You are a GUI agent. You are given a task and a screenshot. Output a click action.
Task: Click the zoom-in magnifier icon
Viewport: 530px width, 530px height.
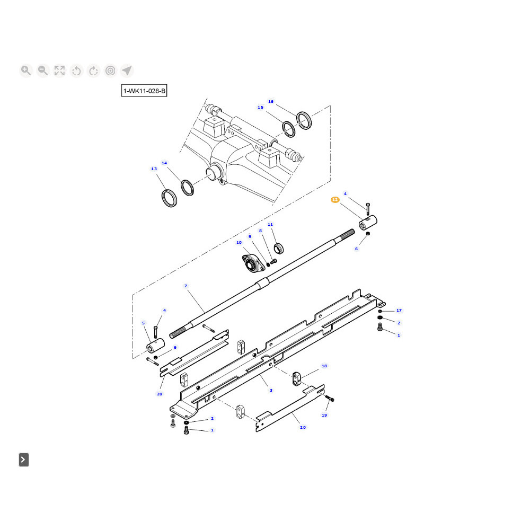(26, 70)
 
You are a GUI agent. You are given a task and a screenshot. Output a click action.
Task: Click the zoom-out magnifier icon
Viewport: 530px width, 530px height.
(43, 70)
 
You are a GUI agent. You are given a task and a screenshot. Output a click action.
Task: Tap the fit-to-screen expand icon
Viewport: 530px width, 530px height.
(59, 70)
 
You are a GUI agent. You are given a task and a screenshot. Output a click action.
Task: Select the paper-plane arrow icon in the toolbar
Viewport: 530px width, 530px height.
(127, 70)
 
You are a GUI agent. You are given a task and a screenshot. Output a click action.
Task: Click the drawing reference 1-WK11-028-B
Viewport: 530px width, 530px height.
(144, 91)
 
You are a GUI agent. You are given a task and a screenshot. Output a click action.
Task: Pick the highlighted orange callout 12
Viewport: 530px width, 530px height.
(335, 200)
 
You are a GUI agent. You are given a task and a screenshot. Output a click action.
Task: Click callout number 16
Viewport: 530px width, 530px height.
(271, 101)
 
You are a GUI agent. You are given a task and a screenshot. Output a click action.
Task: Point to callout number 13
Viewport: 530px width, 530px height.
(154, 169)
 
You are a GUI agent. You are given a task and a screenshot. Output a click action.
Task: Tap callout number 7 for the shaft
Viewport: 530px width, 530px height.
(185, 286)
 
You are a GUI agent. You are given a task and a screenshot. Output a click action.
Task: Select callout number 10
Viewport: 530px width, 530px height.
(239, 242)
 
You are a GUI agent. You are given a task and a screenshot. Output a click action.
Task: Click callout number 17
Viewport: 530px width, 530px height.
(399, 310)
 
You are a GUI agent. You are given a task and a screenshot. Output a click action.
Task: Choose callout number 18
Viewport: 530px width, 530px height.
(324, 366)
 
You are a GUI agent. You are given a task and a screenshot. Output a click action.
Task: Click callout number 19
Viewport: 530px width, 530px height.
(324, 415)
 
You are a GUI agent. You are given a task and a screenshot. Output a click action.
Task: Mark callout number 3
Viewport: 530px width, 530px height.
(271, 390)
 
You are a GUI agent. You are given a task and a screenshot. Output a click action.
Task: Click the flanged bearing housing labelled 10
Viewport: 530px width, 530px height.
(253, 263)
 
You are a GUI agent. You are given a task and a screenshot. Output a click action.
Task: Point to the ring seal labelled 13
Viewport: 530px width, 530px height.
(169, 198)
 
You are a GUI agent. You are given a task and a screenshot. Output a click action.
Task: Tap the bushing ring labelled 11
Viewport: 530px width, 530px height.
(279, 249)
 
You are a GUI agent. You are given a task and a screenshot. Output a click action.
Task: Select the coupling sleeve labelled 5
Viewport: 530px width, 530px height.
(155, 345)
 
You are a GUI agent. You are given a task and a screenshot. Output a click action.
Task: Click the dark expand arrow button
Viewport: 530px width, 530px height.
(24, 460)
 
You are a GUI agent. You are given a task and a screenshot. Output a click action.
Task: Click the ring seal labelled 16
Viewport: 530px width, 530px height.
(304, 120)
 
